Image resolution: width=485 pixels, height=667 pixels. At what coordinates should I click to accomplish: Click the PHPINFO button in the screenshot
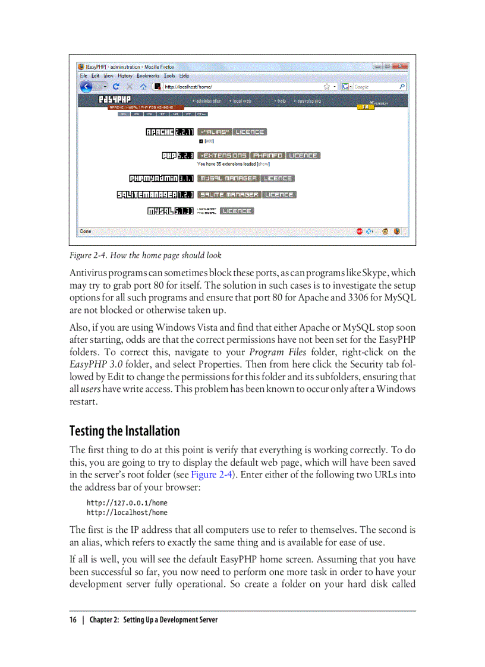[267, 156]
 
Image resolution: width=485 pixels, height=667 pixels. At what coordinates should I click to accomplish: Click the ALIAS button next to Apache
[214, 132]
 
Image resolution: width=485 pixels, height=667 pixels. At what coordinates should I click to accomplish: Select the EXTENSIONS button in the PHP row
[222, 156]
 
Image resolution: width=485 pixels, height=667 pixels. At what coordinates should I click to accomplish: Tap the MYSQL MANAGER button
[229, 178]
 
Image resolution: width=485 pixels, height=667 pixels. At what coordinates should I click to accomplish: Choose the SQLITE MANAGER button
[229, 194]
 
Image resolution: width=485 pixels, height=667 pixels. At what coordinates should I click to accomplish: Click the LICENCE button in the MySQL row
[237, 211]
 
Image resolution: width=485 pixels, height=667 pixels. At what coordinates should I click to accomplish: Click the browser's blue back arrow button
[87, 87]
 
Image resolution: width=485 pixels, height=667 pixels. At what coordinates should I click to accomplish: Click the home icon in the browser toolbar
[143, 87]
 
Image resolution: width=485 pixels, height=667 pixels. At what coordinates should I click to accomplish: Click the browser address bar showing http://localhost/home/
[238, 87]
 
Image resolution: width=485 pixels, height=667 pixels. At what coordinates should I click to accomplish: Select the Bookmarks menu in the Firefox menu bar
[149, 76]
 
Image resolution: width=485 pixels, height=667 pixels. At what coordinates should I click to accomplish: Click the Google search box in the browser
[374, 87]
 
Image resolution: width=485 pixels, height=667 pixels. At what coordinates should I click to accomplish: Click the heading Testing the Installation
[124, 431]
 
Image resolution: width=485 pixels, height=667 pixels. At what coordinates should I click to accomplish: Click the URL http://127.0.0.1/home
[127, 502]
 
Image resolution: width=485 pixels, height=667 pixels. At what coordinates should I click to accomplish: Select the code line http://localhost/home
[127, 513]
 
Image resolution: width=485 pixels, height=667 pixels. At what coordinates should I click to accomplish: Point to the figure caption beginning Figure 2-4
[145, 255]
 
